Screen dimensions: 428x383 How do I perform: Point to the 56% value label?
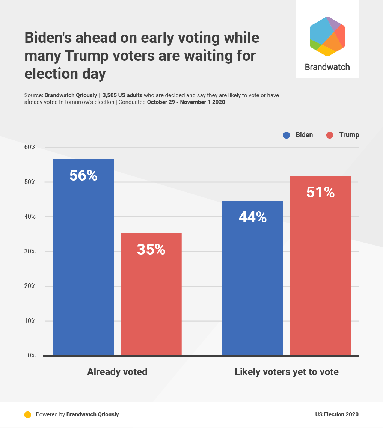click(83, 176)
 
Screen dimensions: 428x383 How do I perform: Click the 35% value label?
click(151, 250)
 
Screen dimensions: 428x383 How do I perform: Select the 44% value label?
click(253, 217)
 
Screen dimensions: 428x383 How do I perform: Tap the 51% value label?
click(320, 193)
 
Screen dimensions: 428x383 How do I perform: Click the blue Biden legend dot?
click(287, 135)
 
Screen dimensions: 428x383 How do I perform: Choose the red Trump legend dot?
click(330, 135)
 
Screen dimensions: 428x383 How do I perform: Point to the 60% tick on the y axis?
click(30, 147)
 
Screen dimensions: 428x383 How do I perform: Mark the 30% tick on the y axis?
click(30, 252)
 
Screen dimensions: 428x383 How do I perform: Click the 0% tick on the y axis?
click(32, 355)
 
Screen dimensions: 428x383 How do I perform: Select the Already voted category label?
click(117, 372)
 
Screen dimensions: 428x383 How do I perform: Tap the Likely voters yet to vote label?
click(286, 372)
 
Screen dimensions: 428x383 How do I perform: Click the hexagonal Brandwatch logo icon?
click(327, 36)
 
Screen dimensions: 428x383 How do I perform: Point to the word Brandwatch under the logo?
click(327, 67)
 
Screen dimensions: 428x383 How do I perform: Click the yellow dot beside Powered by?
click(27, 415)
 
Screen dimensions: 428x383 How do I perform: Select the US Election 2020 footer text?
click(337, 414)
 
